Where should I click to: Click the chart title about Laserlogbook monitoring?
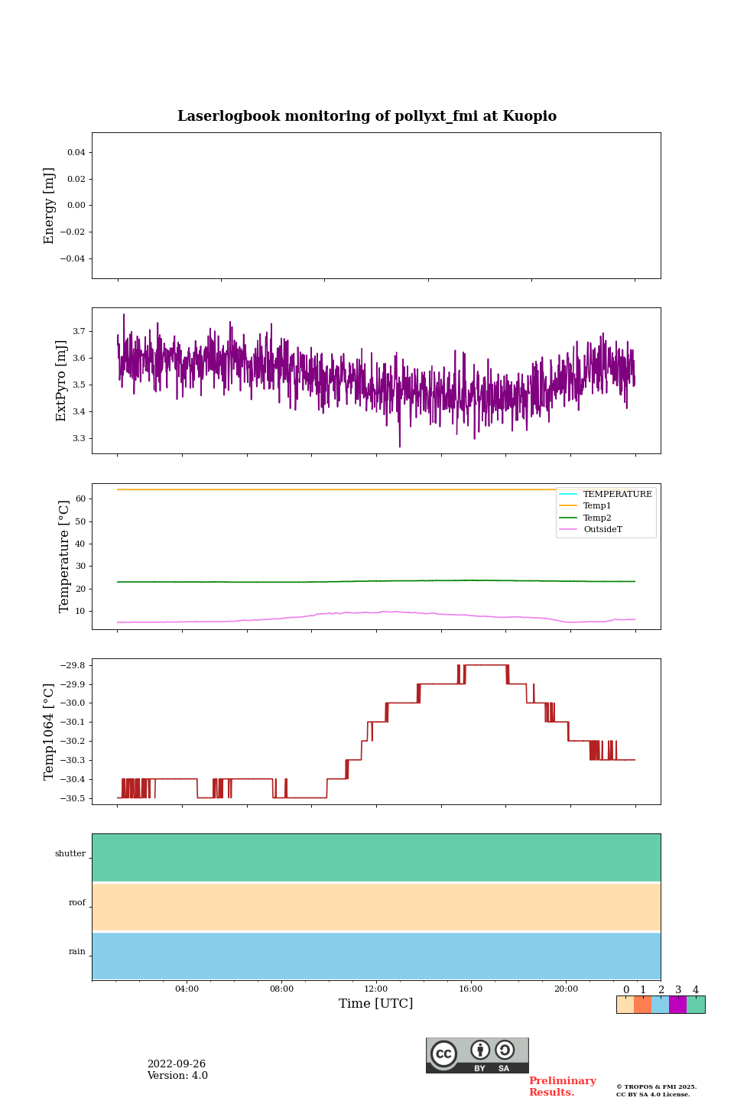(x=367, y=116)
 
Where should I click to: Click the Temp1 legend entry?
(x=596, y=506)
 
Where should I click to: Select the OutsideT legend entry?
(x=602, y=530)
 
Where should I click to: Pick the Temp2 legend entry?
(x=596, y=518)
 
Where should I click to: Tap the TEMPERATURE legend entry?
(x=617, y=495)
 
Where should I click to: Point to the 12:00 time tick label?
(x=376, y=989)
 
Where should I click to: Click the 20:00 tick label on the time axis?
(x=566, y=989)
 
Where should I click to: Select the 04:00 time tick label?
(x=187, y=989)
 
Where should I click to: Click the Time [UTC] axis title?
(x=376, y=1004)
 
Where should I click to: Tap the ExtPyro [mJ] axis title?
(x=62, y=381)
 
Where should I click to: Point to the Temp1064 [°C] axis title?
(x=50, y=732)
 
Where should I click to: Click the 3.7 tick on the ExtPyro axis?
(x=79, y=332)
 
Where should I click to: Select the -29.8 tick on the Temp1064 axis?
(x=73, y=665)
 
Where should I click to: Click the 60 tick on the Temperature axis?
(x=80, y=499)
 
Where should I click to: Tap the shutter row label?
(x=70, y=854)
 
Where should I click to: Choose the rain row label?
(x=77, y=952)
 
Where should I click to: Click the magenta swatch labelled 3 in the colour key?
(x=677, y=1005)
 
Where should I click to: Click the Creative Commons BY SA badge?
(x=477, y=1055)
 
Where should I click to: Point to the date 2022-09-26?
(x=177, y=1064)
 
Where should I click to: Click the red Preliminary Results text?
(x=562, y=1086)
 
